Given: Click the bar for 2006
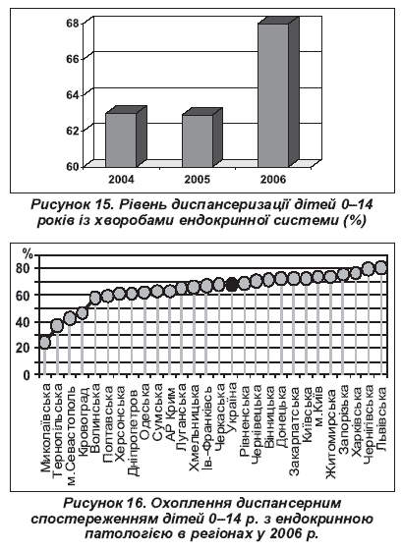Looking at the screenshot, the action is pyautogui.click(x=276, y=94).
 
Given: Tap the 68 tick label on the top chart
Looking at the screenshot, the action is pyautogui.click(x=74, y=24).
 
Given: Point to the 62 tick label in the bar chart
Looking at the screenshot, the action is pyautogui.click(x=74, y=130).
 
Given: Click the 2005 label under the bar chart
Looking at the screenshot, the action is pyautogui.click(x=198, y=180).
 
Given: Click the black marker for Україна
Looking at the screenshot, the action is pyautogui.click(x=231, y=284).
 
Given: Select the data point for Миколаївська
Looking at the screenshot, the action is pyautogui.click(x=44, y=342).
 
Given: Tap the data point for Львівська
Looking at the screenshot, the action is pyautogui.click(x=381, y=268).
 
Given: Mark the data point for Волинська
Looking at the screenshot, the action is pyautogui.click(x=95, y=298).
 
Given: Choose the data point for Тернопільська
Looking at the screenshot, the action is pyautogui.click(x=57, y=326).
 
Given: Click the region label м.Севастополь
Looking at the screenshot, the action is pyautogui.click(x=71, y=434).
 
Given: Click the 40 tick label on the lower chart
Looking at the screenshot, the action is pyautogui.click(x=24, y=322).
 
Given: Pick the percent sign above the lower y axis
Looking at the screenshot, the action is pyautogui.click(x=28, y=252).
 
